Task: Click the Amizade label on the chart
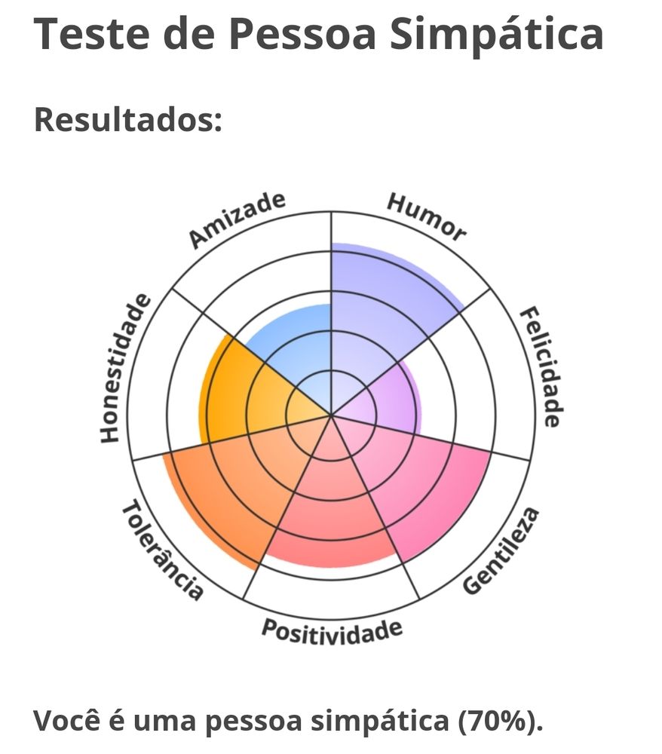coord(237,219)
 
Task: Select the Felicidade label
coord(541,367)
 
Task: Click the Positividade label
coord(332,631)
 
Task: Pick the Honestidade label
coord(126,369)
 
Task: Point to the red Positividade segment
coord(332,510)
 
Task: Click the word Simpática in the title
coord(495,35)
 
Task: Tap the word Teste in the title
coord(91,34)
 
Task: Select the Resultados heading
coord(128,119)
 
